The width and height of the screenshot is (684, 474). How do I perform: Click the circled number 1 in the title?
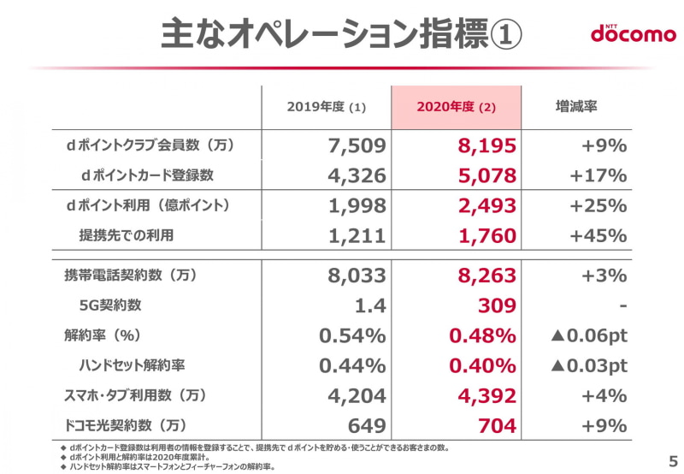pos(505,34)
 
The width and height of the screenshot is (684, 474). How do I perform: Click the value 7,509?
pos(357,146)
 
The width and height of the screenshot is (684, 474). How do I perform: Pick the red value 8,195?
pos(483,146)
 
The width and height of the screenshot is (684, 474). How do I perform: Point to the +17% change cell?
pos(603,176)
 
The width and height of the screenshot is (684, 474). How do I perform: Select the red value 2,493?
pos(483,206)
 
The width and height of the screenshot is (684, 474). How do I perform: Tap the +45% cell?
pos(603,236)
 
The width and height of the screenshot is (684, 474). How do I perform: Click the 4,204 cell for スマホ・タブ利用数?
pos(357,395)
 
